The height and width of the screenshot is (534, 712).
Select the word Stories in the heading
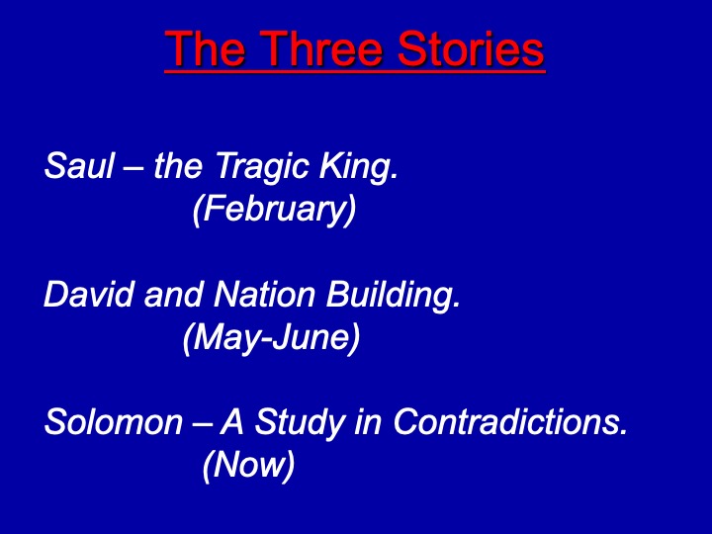[x=471, y=48]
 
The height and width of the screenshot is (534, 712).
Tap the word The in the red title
[x=206, y=48]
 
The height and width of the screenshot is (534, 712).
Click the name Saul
[x=79, y=165]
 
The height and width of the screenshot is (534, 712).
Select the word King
[x=359, y=167]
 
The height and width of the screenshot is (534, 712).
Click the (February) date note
[x=275, y=210]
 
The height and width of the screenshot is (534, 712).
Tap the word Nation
[x=264, y=294]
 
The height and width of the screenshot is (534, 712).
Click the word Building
[x=394, y=295]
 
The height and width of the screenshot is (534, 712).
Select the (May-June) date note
[x=272, y=338]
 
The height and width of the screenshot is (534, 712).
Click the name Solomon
[x=114, y=422]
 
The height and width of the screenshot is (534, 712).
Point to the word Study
[x=300, y=423]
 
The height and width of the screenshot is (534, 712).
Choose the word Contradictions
[x=510, y=422]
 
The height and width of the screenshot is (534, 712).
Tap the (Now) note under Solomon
[x=249, y=466]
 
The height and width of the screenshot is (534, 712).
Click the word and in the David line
[x=173, y=294]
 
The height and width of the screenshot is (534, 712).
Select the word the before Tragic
[x=178, y=165]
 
